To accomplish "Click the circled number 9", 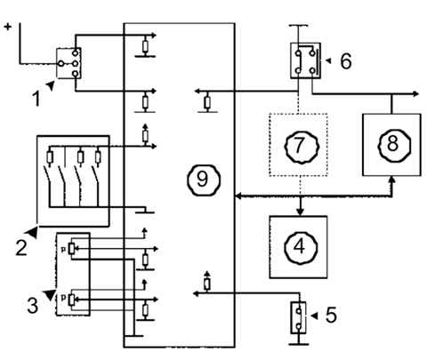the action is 204,180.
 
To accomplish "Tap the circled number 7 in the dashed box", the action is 300,145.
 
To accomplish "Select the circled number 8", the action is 393,145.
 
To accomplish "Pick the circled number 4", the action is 300,247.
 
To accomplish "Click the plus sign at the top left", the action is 8,27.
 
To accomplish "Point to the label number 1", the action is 36,99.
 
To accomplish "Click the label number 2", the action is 21,248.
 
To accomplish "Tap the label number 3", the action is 33,306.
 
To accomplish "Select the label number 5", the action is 331,315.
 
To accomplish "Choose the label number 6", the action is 346,61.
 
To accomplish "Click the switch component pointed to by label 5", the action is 298,317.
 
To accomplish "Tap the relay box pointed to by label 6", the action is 305,60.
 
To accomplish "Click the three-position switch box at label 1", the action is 68,63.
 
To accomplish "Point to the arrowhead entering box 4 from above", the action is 301,212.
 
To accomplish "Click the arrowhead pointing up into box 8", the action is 392,180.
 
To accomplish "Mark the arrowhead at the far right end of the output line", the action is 415,94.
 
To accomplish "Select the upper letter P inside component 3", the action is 63,249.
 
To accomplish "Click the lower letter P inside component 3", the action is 63,298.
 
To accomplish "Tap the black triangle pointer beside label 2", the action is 32,232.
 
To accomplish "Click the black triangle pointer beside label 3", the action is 51,295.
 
